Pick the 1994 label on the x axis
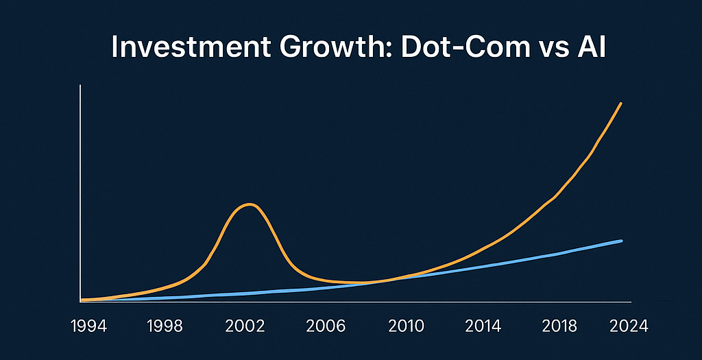(x=88, y=325)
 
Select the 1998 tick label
(x=166, y=325)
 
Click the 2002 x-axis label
(x=245, y=325)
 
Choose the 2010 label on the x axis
(x=404, y=325)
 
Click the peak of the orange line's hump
(x=248, y=204)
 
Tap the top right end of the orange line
(x=620, y=104)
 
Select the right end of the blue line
(x=621, y=241)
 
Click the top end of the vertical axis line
(x=81, y=86)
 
